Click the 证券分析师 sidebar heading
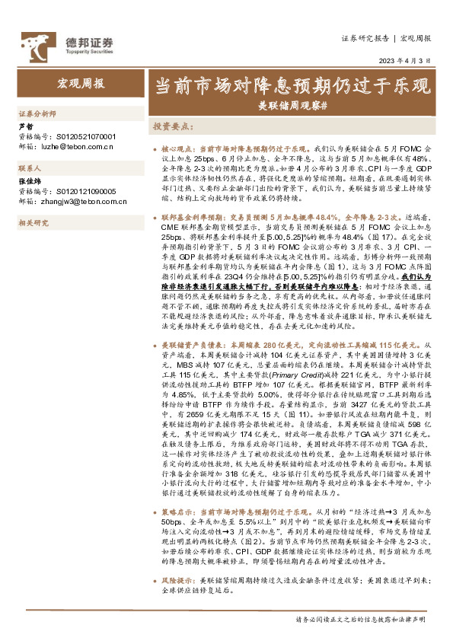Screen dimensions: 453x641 coord(37,113)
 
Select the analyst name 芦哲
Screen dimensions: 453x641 coord(25,126)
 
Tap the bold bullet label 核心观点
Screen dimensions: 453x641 coord(177,148)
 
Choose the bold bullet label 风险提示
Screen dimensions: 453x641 coord(177,600)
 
